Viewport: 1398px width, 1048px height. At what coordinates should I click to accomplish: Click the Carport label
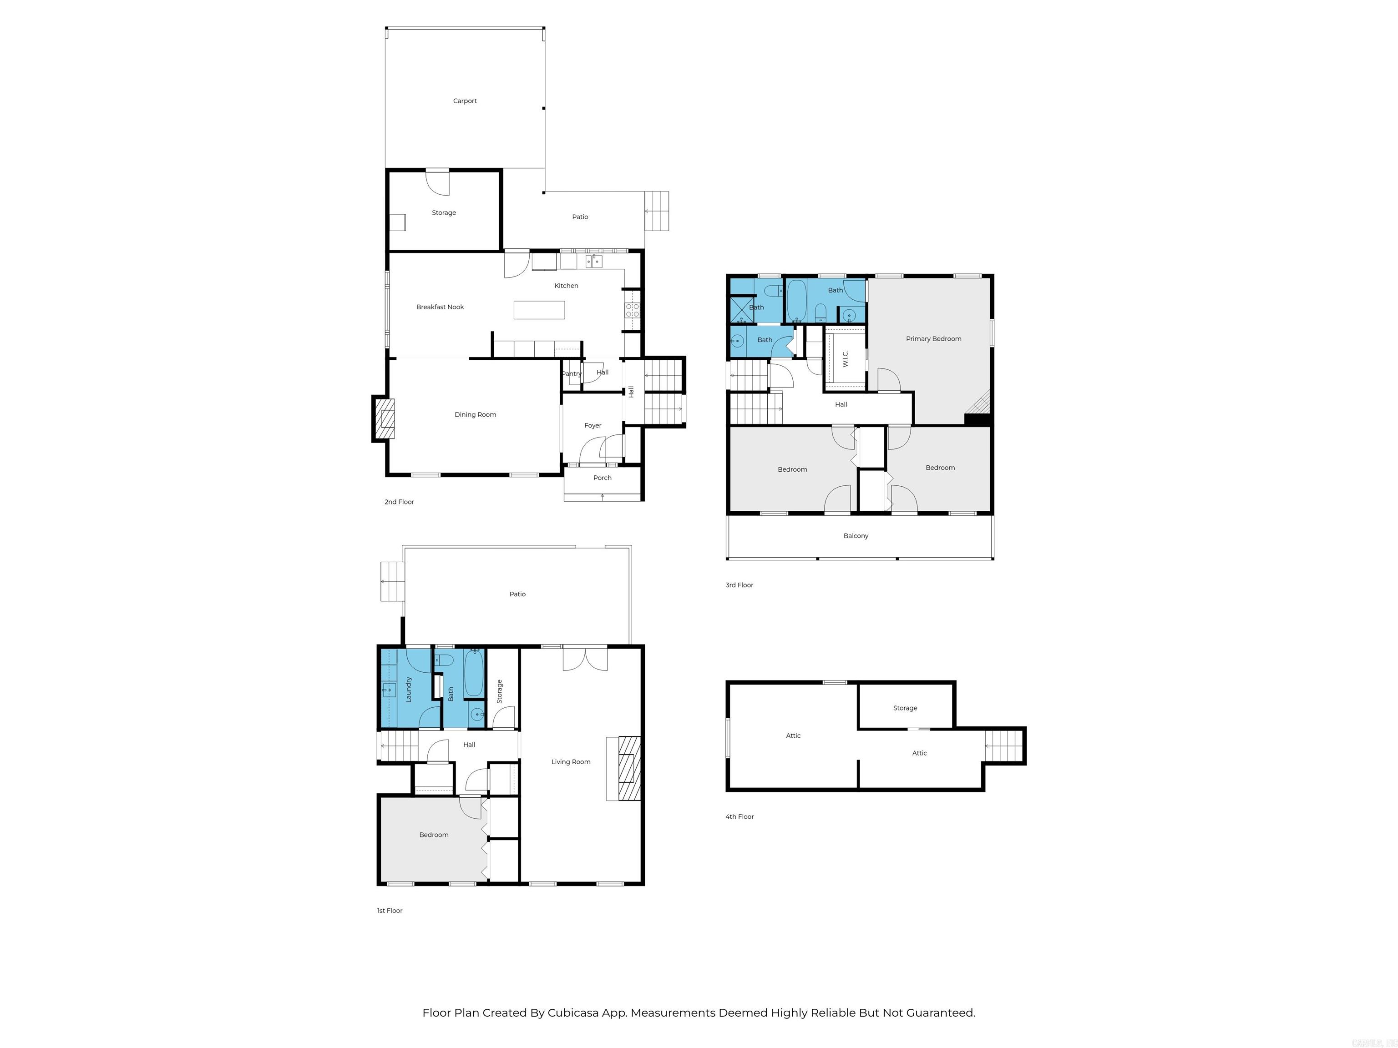point(465,101)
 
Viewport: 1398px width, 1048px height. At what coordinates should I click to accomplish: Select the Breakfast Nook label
point(440,307)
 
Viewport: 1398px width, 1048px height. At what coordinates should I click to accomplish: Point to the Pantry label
point(571,374)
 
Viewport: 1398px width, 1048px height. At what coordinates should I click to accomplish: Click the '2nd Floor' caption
point(399,502)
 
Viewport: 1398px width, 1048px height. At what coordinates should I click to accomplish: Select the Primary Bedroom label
point(933,339)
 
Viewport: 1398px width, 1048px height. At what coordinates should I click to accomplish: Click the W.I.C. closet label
point(845,359)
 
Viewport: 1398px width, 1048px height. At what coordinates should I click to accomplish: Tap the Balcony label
point(855,536)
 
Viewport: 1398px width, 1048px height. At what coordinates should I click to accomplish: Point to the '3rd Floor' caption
point(739,585)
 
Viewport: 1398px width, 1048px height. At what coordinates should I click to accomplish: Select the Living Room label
point(570,762)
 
